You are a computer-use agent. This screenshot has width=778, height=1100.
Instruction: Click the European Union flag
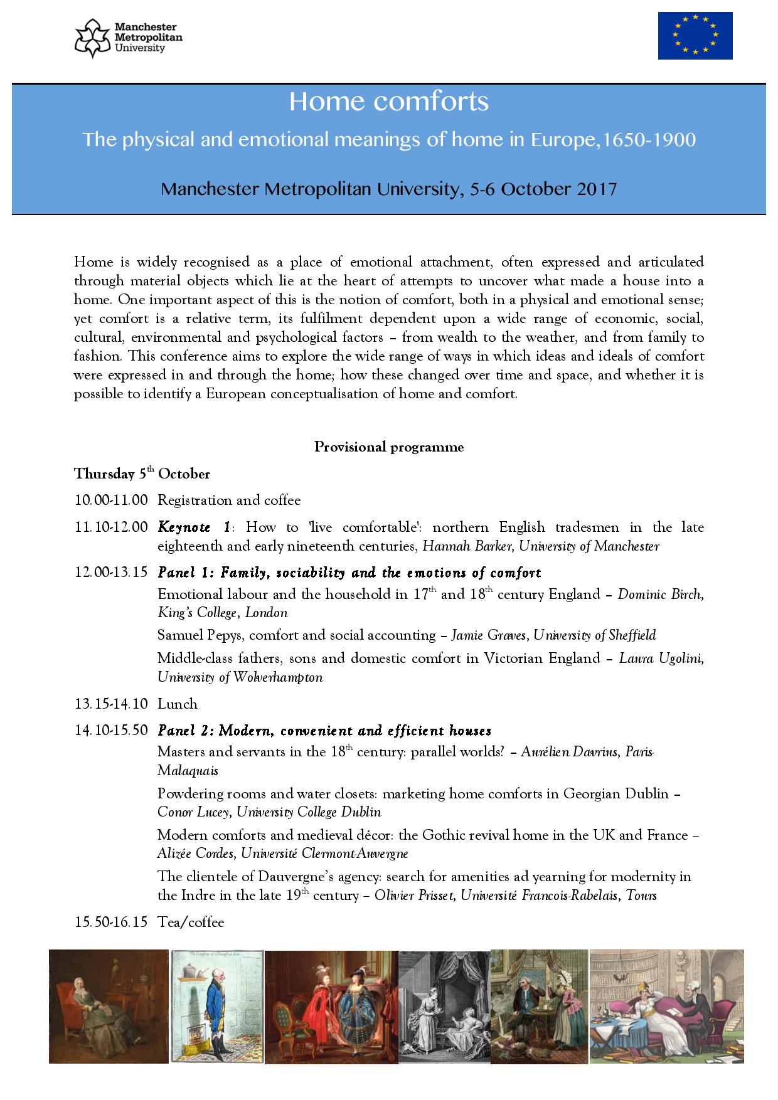[x=695, y=36]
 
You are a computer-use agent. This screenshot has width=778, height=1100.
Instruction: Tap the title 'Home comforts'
[x=388, y=102]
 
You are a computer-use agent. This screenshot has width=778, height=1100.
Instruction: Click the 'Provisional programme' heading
[x=388, y=447]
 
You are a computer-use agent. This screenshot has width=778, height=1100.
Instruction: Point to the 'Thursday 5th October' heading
[x=142, y=473]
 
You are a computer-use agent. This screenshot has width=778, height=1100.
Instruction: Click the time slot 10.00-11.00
[x=111, y=500]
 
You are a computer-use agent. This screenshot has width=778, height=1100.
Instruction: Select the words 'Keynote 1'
[x=194, y=527]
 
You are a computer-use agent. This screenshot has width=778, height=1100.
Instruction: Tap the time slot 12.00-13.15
[x=111, y=573]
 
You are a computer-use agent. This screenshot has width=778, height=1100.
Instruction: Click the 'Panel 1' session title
[x=349, y=573]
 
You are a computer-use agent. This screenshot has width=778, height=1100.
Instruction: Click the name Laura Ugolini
[x=661, y=658]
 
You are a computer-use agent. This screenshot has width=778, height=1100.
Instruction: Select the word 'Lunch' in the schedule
[x=178, y=704]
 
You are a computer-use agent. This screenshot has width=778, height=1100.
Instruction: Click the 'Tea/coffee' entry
[x=191, y=922]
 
